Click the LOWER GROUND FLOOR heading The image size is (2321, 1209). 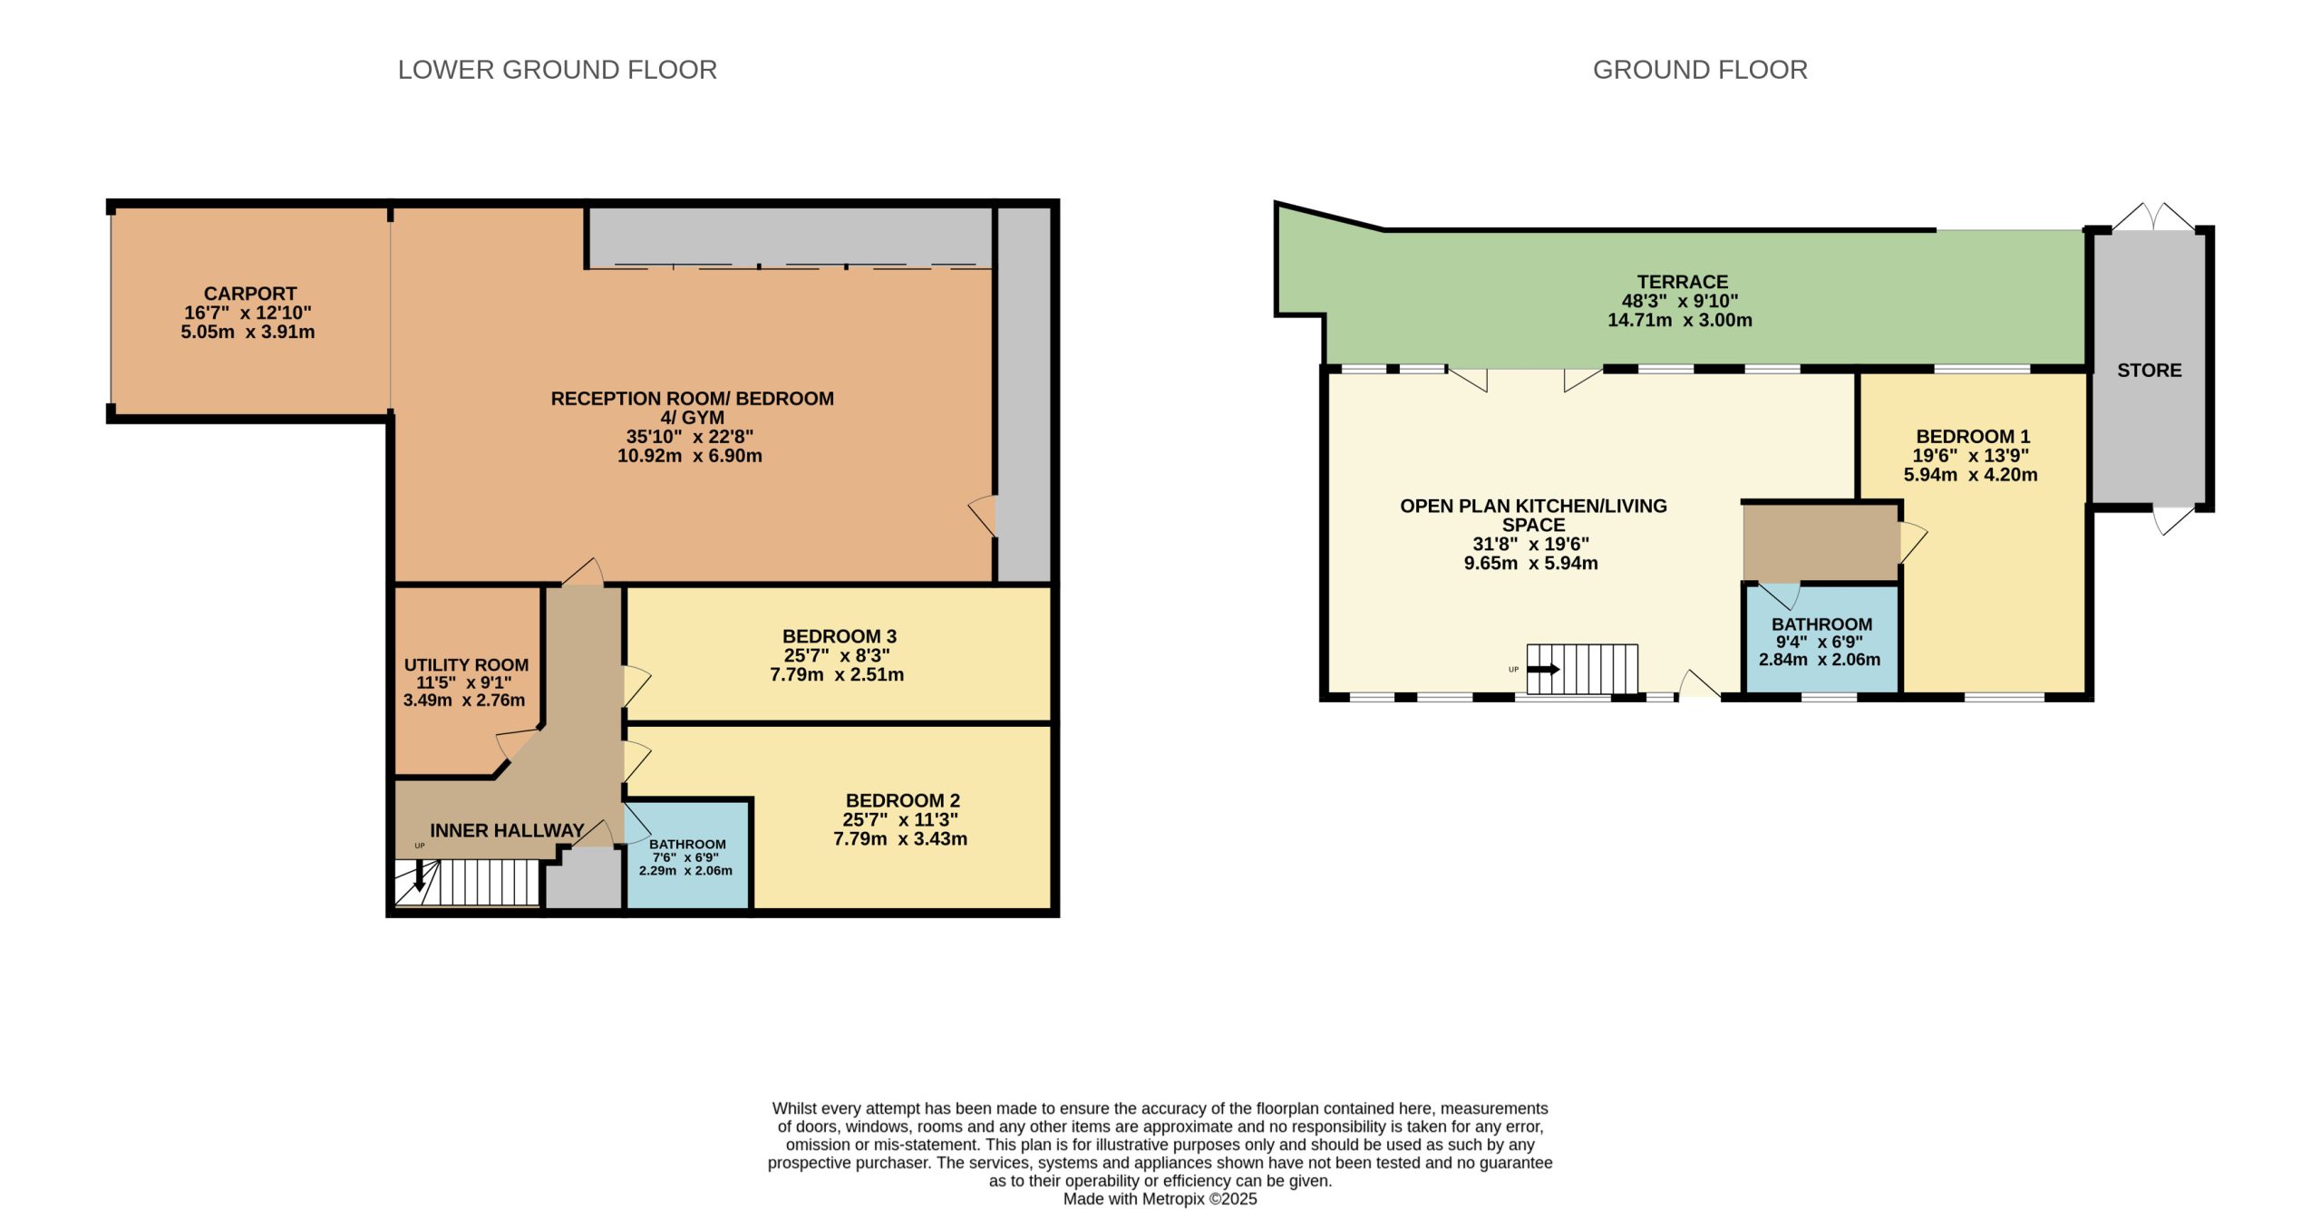pos(557,70)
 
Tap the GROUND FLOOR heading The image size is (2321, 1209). pos(1700,70)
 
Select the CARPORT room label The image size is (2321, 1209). pos(250,294)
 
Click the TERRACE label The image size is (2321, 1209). pos(1683,282)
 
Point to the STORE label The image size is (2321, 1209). pos(2150,370)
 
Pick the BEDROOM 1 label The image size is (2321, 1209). pos(1973,436)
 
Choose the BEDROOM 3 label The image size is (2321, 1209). pos(840,636)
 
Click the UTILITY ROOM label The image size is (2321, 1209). pos(466,664)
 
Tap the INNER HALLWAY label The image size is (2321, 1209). pos(507,830)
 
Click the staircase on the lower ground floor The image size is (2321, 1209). pos(468,882)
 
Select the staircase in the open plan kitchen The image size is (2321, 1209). pos(1582,669)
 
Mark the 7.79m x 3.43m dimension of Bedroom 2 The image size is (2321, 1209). pos(900,838)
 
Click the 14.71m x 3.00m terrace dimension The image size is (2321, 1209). pos(1680,320)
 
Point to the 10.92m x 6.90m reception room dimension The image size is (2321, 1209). pos(690,456)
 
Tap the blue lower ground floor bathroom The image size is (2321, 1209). pos(687,855)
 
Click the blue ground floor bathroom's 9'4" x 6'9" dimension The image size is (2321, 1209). pos(1820,642)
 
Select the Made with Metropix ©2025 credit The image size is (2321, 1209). pos(1160,1199)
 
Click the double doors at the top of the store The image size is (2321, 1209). pos(2154,218)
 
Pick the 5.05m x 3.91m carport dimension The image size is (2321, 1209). pos(248,332)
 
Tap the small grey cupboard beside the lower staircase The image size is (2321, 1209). pos(583,878)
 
